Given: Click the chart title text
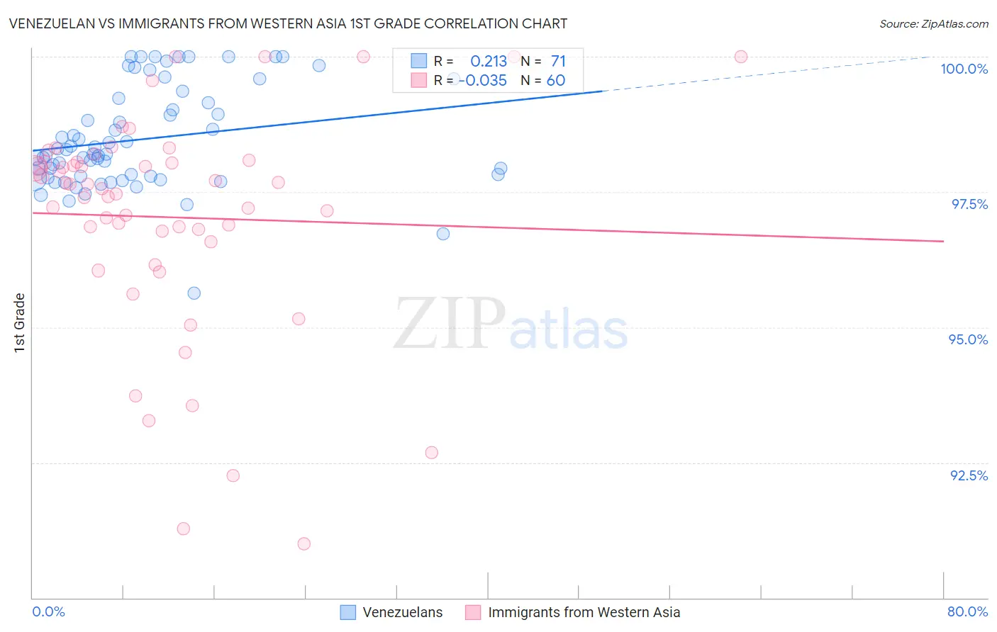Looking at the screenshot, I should click(289, 23).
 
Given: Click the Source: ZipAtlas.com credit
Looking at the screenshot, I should click(933, 23).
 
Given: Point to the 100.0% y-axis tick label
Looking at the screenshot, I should click(964, 69).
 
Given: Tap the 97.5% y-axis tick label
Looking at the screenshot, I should click(969, 204).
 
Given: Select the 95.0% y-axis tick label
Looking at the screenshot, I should click(968, 339).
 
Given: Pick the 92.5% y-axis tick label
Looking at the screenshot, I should click(969, 475).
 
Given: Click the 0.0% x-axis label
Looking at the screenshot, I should click(48, 611).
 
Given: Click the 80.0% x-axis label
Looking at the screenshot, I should click(967, 611).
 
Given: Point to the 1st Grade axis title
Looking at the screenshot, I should click(20, 322).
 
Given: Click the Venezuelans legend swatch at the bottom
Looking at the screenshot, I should click(347, 612).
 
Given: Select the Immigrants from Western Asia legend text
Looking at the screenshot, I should click(584, 612).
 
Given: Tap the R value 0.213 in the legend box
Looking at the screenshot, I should click(489, 62).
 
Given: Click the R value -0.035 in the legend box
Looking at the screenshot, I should click(483, 81).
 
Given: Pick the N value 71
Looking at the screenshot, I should click(558, 62).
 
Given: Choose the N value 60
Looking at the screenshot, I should click(556, 81).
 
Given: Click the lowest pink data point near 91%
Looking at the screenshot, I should click(303, 543).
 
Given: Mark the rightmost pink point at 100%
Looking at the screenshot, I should click(741, 57).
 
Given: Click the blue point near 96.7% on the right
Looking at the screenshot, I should click(443, 234).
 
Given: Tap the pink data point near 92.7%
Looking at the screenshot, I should click(432, 453).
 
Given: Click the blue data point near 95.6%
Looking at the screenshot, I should click(194, 293).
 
